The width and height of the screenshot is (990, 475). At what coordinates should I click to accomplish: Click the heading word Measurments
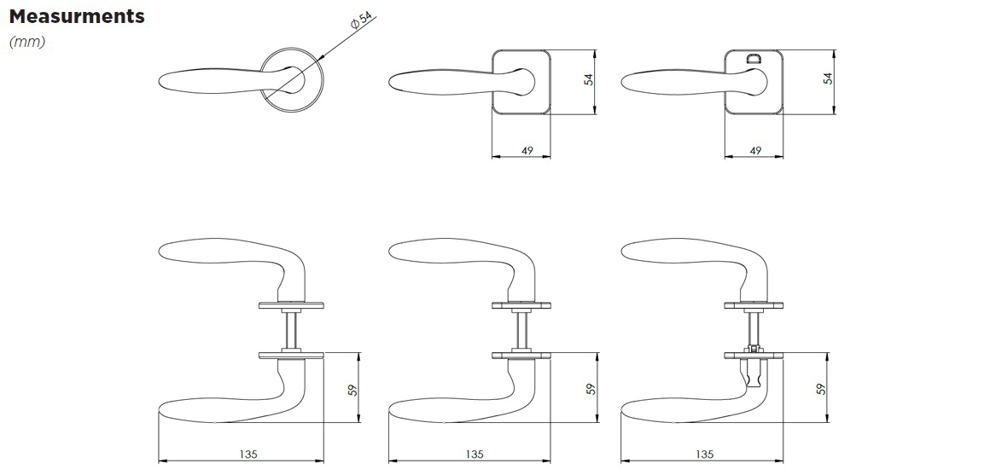point(77,15)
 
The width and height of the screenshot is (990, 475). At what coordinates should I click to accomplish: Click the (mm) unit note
point(27,43)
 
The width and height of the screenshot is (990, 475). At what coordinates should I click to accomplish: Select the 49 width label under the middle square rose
point(527,151)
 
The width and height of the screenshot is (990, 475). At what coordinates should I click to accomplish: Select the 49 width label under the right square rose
point(755,151)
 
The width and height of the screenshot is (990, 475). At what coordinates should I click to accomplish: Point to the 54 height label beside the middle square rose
point(589,79)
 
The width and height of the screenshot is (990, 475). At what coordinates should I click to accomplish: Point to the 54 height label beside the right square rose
point(828,78)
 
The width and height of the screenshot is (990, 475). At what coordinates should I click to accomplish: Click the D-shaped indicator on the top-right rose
point(754,60)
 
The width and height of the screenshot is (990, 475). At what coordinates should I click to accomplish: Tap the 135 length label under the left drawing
point(248,455)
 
